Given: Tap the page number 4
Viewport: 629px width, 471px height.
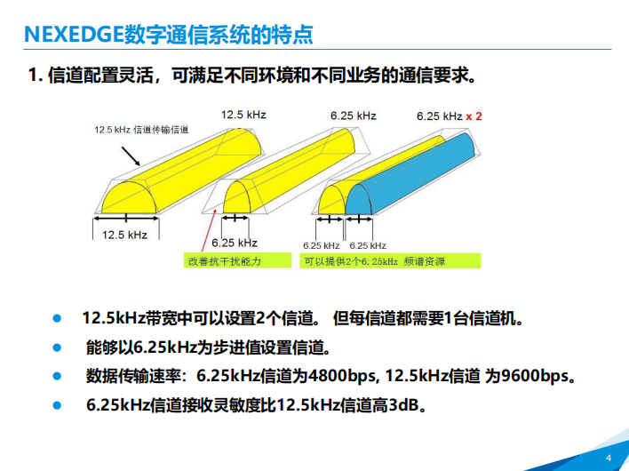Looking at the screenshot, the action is pyautogui.click(x=609, y=458).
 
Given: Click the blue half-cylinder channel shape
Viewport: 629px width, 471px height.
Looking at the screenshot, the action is pyautogui.click(x=410, y=177).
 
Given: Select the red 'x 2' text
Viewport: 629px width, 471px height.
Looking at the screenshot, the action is pyautogui.click(x=474, y=116).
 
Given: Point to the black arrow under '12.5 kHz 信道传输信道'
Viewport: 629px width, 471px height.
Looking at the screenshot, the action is pyautogui.click(x=131, y=156).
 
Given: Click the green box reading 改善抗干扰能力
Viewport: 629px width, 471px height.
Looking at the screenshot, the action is pyautogui.click(x=237, y=260).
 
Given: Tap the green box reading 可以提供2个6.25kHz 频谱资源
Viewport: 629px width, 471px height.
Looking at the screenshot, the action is pyautogui.click(x=390, y=260).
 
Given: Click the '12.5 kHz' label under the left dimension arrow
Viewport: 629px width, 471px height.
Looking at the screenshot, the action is pyautogui.click(x=124, y=235).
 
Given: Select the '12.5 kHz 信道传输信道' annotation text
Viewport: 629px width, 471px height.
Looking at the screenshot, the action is pyautogui.click(x=141, y=130).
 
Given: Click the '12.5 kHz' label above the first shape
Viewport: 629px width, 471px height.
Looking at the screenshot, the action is pyautogui.click(x=243, y=115).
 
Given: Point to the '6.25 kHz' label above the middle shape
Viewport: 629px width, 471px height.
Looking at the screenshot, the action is pyautogui.click(x=354, y=116).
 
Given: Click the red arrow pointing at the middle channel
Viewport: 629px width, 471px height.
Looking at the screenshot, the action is pyautogui.click(x=209, y=230).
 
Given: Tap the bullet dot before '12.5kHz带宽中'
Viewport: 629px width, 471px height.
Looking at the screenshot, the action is pyautogui.click(x=57, y=318).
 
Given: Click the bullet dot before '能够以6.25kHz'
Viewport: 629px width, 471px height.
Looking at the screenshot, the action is pyautogui.click(x=57, y=347).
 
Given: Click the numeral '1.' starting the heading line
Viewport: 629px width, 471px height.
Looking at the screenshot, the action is pyautogui.click(x=36, y=75).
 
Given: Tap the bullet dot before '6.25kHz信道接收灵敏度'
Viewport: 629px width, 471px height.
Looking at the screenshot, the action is pyautogui.click(x=57, y=405).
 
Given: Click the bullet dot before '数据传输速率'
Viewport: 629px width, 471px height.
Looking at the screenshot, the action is pyautogui.click(x=57, y=376).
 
